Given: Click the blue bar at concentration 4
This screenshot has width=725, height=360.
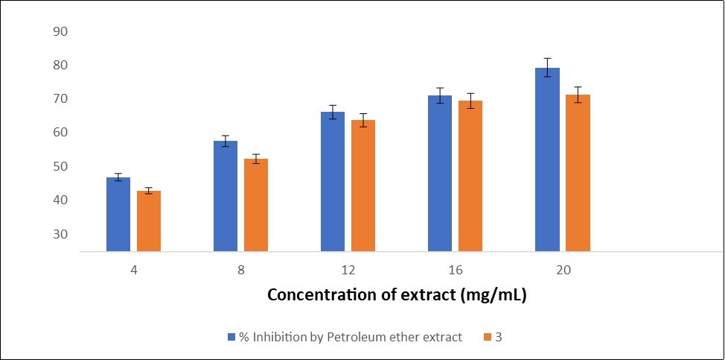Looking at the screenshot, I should click(x=118, y=215).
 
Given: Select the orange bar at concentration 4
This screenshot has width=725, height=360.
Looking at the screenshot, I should click(x=149, y=221).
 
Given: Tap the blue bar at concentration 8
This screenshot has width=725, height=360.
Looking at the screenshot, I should click(x=226, y=196).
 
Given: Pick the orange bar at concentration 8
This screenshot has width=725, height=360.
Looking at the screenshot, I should click(x=256, y=205).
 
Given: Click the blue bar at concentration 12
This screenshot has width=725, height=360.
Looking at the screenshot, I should click(x=333, y=182).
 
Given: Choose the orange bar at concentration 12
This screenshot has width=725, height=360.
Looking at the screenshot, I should click(x=363, y=186).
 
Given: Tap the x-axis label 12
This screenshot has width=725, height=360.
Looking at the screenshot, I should click(x=348, y=269).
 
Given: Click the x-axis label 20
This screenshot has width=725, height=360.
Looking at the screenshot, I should click(x=562, y=269).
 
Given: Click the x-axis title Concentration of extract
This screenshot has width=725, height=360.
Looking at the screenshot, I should click(x=397, y=295).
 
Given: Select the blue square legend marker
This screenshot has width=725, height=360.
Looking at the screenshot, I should click(x=231, y=338).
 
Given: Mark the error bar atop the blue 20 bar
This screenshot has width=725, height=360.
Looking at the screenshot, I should click(x=547, y=67).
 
